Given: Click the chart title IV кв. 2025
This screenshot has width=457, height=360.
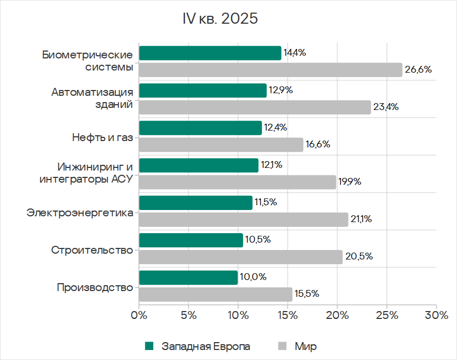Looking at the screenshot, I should [x=220, y=19].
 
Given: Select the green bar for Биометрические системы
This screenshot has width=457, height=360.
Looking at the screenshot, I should [x=210, y=53].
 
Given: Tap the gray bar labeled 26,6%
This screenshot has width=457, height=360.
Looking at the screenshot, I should [x=270, y=70].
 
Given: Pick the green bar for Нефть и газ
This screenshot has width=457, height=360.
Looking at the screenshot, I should [x=200, y=128].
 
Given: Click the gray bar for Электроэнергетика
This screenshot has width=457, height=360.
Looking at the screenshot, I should [x=243, y=219].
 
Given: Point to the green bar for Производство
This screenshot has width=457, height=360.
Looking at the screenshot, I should [x=188, y=277].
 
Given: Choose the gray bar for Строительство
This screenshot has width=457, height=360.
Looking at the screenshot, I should [x=241, y=257].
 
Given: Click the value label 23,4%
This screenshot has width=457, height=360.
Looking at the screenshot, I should [x=386, y=107].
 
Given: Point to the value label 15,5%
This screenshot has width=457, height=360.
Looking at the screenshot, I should [x=307, y=294].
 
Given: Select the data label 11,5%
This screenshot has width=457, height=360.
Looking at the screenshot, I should [x=266, y=202].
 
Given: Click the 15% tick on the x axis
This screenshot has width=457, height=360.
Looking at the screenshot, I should [x=287, y=316].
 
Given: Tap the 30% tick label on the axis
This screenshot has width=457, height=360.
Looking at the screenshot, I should [x=436, y=316].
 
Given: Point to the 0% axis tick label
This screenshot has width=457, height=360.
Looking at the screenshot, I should [x=139, y=316].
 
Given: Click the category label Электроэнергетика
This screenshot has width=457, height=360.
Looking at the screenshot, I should [x=80, y=213].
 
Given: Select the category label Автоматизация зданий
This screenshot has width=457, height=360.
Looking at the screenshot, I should [x=92, y=98].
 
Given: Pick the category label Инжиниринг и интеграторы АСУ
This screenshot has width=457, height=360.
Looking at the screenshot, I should [x=86, y=173].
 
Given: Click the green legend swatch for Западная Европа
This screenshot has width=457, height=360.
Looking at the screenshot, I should [x=149, y=346].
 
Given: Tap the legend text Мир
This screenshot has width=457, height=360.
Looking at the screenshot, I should [x=305, y=346].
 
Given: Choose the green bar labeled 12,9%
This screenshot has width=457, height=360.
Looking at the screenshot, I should [x=203, y=91].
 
